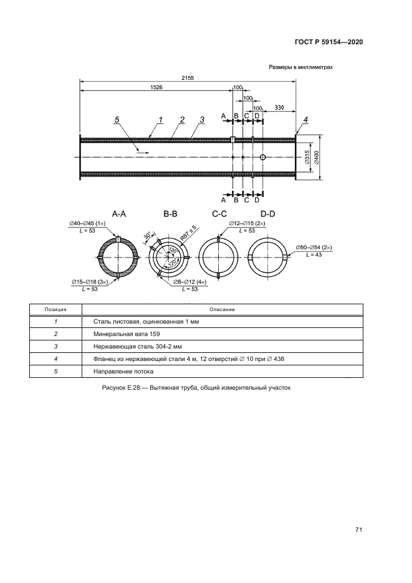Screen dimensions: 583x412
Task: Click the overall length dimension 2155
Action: click(x=188, y=78)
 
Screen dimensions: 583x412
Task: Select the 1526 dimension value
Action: click(x=156, y=88)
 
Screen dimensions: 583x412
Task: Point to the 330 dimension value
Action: click(x=279, y=108)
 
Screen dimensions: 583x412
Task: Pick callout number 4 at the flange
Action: click(x=305, y=119)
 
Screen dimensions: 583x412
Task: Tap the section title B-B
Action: click(x=171, y=214)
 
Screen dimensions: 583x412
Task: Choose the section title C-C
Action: click(x=219, y=214)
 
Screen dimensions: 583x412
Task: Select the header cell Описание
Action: click(x=222, y=309)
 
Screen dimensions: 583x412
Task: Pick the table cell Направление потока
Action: click(x=121, y=372)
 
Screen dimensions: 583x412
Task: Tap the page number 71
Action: click(x=359, y=530)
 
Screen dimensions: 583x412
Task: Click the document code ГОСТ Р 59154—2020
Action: click(x=328, y=42)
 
